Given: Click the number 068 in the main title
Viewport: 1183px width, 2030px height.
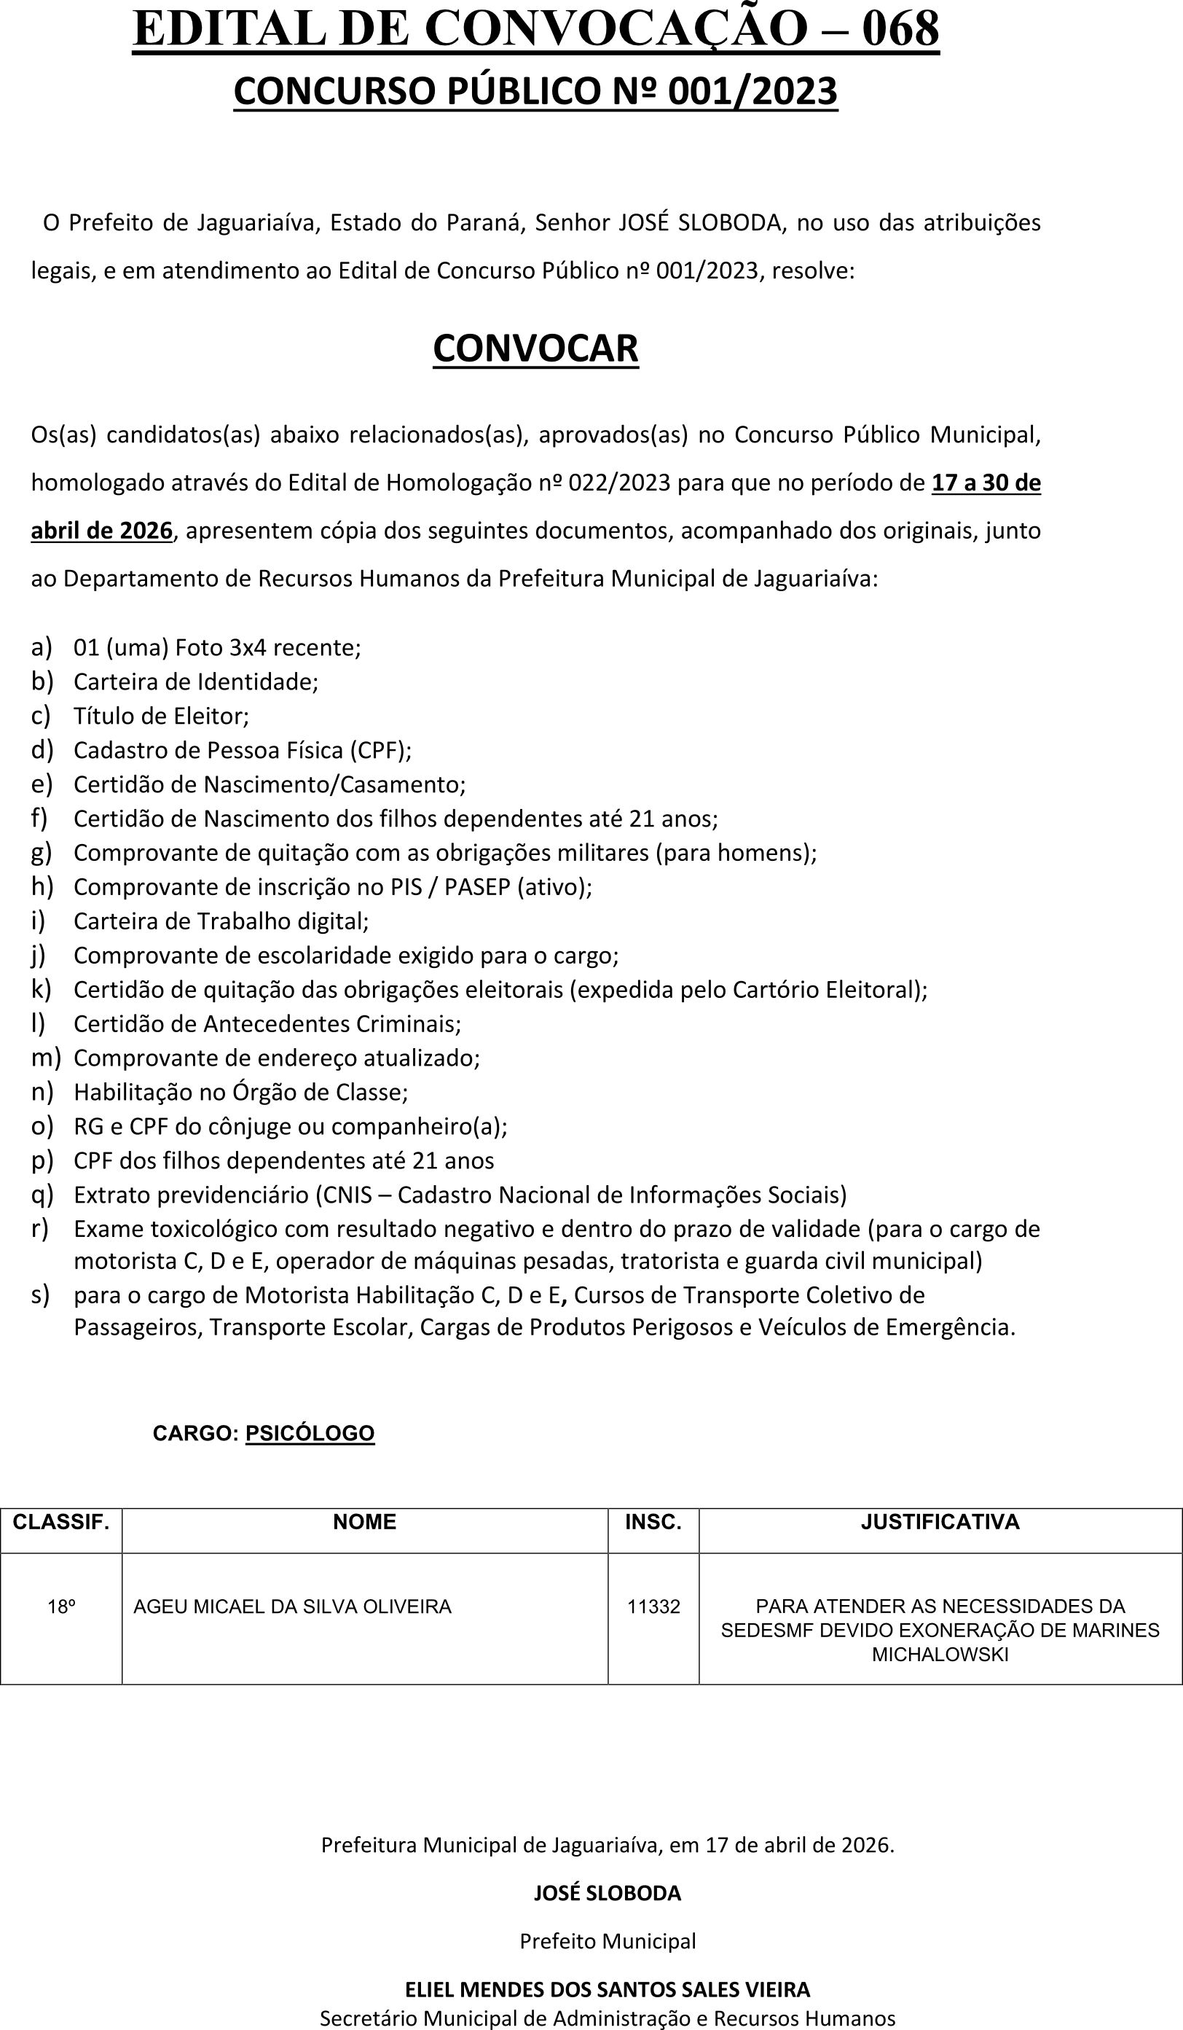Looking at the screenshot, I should click(x=900, y=29).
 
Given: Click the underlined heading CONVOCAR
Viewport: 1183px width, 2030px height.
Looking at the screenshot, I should click(x=535, y=349).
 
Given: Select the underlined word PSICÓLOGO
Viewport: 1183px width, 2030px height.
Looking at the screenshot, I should click(x=310, y=1433).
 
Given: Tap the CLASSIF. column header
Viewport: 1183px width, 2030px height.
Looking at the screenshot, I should click(x=61, y=1522).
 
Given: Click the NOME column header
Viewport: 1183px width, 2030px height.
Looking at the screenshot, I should click(x=365, y=1522).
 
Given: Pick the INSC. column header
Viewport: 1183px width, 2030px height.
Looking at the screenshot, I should click(x=653, y=1522).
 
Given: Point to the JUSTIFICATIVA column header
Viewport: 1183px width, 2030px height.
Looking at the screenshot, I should click(x=940, y=1522).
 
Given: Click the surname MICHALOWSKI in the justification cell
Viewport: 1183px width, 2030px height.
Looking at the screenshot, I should click(x=940, y=1655).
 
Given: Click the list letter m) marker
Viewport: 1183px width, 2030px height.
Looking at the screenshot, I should click(x=46, y=1057).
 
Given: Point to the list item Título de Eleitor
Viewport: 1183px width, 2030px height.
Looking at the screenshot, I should click(x=161, y=716).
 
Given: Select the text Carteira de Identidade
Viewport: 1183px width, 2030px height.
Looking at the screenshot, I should click(x=196, y=682).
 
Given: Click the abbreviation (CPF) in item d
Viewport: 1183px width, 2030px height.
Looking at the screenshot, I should click(x=380, y=750).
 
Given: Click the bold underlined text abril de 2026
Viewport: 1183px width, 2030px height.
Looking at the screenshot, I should click(x=101, y=531).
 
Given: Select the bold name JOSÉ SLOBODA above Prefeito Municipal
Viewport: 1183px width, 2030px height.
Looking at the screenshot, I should click(x=608, y=1893).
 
